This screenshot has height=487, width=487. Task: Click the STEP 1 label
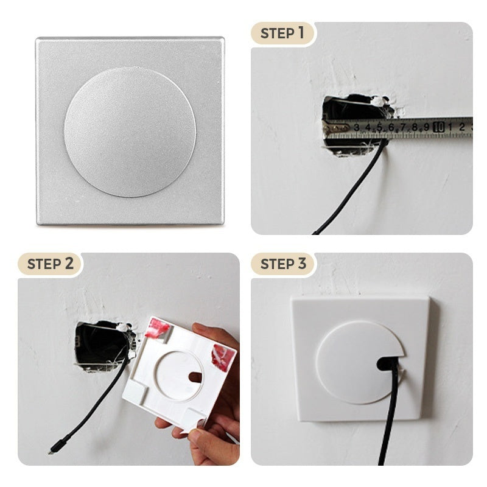pos(282,33)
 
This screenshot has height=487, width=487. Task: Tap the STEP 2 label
pos(51,264)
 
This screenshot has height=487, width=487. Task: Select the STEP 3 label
pos(283,264)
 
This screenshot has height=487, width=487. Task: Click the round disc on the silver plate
pos(130,132)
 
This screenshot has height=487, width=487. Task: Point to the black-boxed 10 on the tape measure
pos(438,127)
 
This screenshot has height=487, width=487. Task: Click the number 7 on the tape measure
pos(403,127)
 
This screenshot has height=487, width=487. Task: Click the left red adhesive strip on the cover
pos(157,328)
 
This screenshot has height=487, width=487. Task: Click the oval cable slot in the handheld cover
pos(195,377)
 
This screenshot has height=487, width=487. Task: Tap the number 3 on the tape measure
pos(357,127)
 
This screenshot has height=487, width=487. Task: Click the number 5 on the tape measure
pos(379,127)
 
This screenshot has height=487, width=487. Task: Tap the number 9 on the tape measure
pos(427,127)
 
